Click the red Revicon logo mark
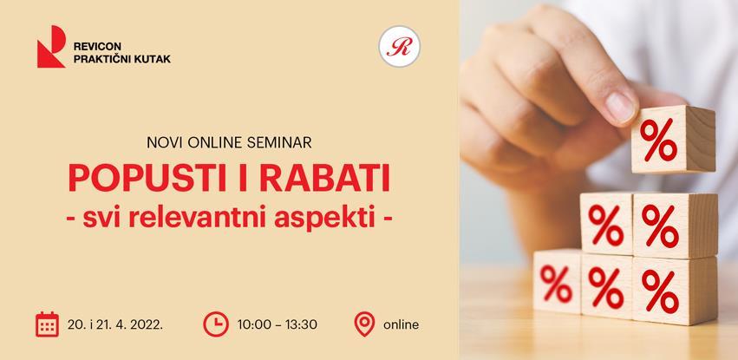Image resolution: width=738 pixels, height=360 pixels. (x=51, y=47)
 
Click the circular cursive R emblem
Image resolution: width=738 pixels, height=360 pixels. (x=399, y=46)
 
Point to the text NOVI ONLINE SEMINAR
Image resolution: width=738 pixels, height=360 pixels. (x=229, y=140)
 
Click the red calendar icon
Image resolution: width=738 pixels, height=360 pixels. (x=47, y=324)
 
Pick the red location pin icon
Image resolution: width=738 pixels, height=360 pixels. (x=364, y=324)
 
